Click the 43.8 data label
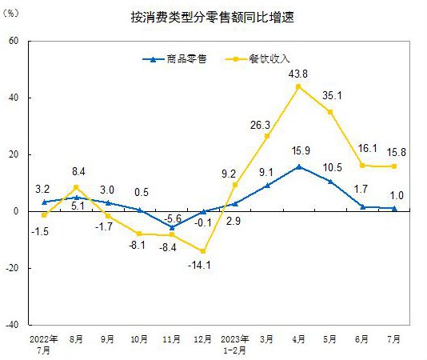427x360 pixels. pos(298,72)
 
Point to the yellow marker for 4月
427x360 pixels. pos(298,86)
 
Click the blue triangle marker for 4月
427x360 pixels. pos(298,166)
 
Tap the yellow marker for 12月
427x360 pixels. pos(203,251)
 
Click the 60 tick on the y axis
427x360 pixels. pos(14,41)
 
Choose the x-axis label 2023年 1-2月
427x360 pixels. pos(234,344)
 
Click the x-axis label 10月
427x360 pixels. pos(139,339)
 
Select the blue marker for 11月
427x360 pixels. pos(171,227)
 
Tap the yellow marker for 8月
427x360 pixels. pos(76,187)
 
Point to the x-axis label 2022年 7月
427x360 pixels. pos(43,344)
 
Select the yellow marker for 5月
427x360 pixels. pos(330,111)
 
